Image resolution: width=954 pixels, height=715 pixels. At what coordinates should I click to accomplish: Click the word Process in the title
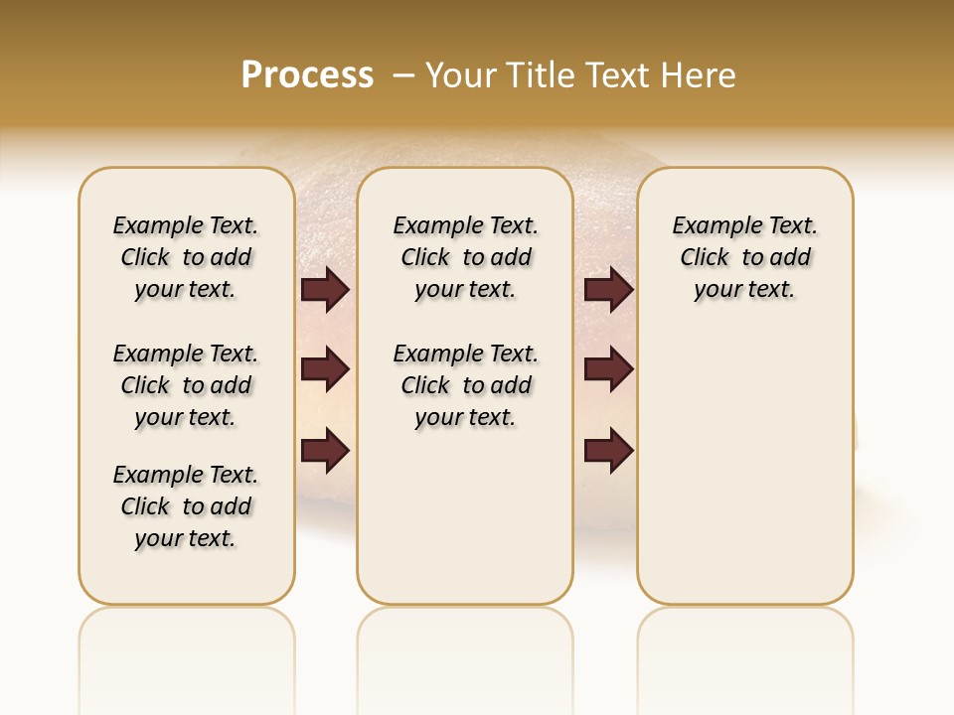[307, 74]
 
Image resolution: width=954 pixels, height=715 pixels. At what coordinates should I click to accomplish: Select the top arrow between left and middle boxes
[325, 290]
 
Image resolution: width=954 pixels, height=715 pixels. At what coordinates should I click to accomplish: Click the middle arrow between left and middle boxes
[325, 370]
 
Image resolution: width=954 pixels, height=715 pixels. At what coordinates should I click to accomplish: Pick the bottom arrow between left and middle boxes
[325, 449]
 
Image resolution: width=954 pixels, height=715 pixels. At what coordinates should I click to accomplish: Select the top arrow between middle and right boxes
[608, 290]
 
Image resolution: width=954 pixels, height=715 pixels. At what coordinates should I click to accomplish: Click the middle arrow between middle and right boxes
[608, 370]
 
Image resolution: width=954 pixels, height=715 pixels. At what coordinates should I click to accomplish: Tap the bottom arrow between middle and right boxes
[608, 449]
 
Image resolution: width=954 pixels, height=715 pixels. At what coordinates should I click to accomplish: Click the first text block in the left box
[186, 257]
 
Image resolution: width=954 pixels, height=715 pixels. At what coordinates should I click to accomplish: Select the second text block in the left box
[186, 385]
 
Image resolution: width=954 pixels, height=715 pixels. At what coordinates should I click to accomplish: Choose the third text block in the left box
[186, 506]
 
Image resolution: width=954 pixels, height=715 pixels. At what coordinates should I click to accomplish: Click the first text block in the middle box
[466, 257]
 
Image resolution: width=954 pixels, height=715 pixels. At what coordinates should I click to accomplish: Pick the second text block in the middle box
[466, 385]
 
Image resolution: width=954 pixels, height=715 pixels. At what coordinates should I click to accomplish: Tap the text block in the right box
[745, 257]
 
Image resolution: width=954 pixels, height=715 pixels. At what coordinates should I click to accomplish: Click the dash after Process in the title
[403, 74]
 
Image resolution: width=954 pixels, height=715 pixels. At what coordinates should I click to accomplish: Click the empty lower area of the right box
[745, 477]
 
